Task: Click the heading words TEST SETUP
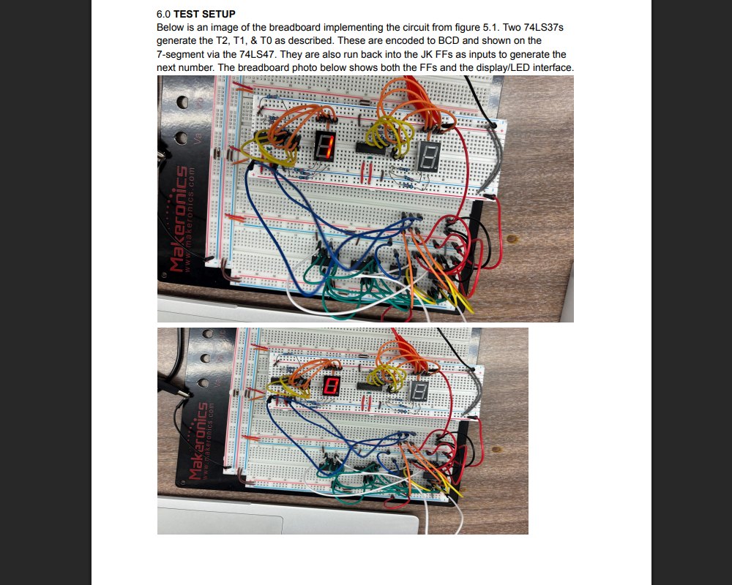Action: tap(204, 14)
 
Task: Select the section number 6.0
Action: tap(163, 14)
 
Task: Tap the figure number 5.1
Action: tap(491, 28)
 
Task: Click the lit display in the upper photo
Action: tap(325, 146)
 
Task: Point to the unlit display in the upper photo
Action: tap(428, 156)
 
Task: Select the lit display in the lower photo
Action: tap(331, 386)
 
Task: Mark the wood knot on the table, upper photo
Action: tap(512, 239)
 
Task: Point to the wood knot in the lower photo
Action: tap(497, 450)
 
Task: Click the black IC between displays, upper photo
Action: tap(370, 148)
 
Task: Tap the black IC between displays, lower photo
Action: tap(369, 386)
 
